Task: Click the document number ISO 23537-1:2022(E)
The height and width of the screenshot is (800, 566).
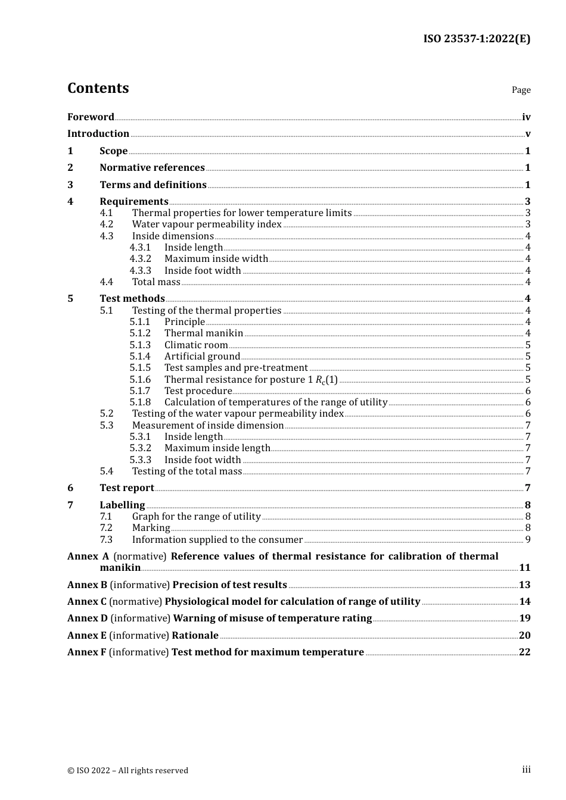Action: pyautogui.click(x=477, y=39)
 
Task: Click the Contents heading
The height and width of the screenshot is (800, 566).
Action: pyautogui.click(x=98, y=88)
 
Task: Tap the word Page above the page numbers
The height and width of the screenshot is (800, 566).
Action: pyautogui.click(x=521, y=90)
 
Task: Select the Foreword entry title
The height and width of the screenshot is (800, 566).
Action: pyautogui.click(x=91, y=117)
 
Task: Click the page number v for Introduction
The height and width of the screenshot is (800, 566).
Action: pyautogui.click(x=527, y=134)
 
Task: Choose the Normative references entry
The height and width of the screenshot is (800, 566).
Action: pyautogui.click(x=152, y=168)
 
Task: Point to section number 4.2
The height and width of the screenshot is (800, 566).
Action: pyautogui.click(x=107, y=224)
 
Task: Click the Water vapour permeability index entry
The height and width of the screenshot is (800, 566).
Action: pyautogui.click(x=207, y=224)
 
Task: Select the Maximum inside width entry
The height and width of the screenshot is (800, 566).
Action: pyautogui.click(x=216, y=259)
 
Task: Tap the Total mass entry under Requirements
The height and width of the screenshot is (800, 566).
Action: pyautogui.click(x=156, y=282)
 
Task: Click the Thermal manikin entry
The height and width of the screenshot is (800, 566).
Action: pyautogui.click(x=204, y=333)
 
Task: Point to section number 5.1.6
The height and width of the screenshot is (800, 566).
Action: pyautogui.click(x=140, y=380)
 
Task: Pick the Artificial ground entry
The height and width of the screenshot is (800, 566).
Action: pyautogui.click(x=202, y=357)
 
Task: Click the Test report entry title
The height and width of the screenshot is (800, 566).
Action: pyautogui.click(x=127, y=488)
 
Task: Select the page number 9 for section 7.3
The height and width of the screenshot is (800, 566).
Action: pyautogui.click(x=527, y=540)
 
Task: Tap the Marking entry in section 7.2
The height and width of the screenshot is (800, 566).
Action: pyautogui.click(x=151, y=528)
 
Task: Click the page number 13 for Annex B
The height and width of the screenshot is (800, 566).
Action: pyautogui.click(x=524, y=585)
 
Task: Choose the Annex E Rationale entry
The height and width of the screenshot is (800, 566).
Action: pyautogui.click(x=143, y=636)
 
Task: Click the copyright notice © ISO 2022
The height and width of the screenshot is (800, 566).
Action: pyautogui.click(x=127, y=770)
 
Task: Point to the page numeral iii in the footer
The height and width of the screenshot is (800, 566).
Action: pyautogui.click(x=526, y=770)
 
